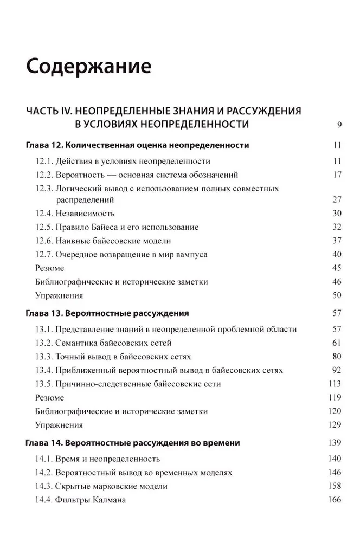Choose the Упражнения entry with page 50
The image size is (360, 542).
click(x=59, y=295)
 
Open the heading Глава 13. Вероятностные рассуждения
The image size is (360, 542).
click(x=106, y=313)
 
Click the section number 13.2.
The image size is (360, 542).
click(x=43, y=343)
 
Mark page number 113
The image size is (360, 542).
click(x=335, y=384)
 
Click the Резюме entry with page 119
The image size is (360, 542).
click(x=49, y=397)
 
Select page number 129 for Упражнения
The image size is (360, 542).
click(x=335, y=425)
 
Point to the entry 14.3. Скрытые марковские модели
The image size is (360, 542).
click(x=101, y=486)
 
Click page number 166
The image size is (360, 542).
click(x=335, y=500)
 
